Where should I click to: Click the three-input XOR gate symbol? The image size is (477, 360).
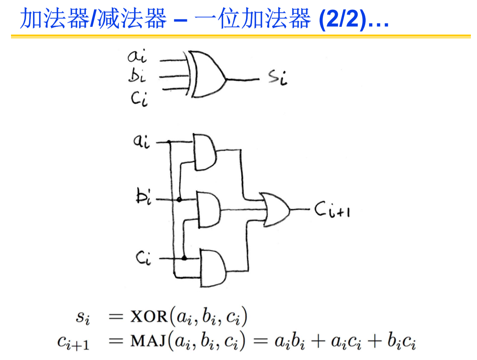tap(208, 75)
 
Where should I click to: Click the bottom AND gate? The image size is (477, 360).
tap(212, 268)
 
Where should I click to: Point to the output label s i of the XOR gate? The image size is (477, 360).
tap(278, 78)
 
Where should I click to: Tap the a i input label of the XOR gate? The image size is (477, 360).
tap(137, 56)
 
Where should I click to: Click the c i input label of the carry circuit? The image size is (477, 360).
tap(143, 258)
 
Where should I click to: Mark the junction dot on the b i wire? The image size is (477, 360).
tap(179, 200)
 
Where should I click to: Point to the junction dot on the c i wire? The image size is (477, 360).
tap(184, 258)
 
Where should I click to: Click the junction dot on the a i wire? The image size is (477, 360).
tap(169, 142)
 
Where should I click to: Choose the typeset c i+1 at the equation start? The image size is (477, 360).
tap(73, 343)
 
